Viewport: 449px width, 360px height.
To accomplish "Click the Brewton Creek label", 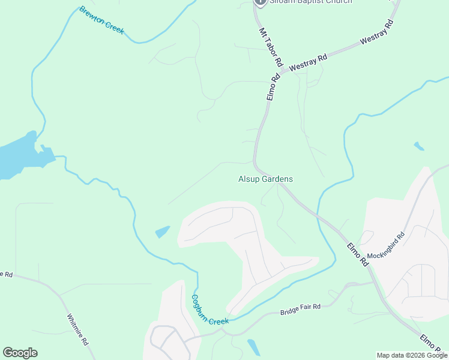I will [101, 20].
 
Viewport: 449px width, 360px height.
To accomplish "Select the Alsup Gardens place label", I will [265, 179].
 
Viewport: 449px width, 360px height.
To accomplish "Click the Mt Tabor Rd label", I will [270, 46].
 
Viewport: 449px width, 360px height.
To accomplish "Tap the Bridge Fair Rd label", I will [300, 310].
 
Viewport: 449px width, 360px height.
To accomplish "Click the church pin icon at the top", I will [260, 2].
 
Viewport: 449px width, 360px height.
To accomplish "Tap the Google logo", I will [20, 353].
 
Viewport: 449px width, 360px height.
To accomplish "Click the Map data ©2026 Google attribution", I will [412, 355].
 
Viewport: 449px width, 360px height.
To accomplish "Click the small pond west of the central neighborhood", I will [162, 232].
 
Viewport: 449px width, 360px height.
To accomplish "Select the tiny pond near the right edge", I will [418, 146].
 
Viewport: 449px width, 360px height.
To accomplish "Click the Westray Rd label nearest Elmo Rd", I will [307, 63].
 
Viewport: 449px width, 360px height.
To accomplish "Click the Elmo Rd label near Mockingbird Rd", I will [357, 254].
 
